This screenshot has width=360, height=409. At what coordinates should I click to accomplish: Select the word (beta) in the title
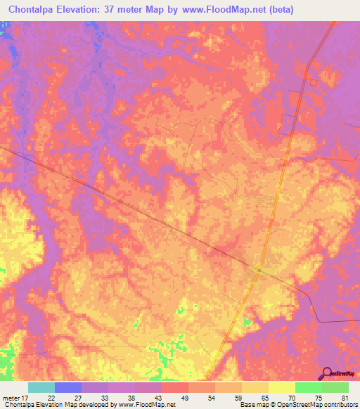[281, 10]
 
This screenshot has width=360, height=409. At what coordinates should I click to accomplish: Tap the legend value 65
[264, 397]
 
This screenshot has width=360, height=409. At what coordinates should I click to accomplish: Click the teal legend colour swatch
[41, 387]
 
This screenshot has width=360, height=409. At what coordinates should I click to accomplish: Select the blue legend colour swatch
[68, 387]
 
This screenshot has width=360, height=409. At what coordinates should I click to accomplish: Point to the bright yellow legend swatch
[281, 387]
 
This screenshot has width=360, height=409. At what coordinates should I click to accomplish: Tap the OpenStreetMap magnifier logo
[326, 373]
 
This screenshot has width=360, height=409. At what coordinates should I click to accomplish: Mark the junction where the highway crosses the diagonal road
[259, 269]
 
